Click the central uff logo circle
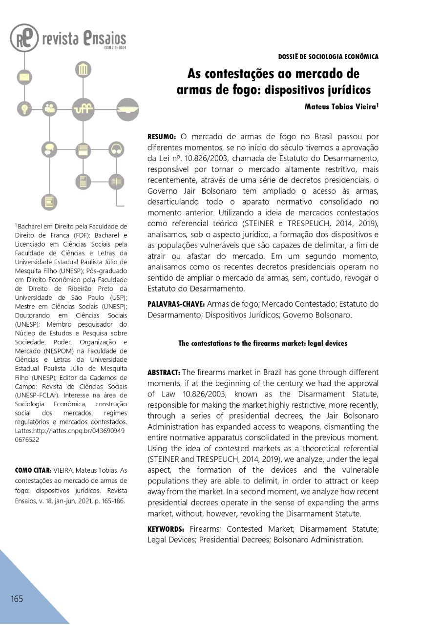click(83, 108)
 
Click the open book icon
click(116, 181)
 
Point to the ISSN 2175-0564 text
click(115, 48)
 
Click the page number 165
click(17, 599)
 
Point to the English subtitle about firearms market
click(263, 343)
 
